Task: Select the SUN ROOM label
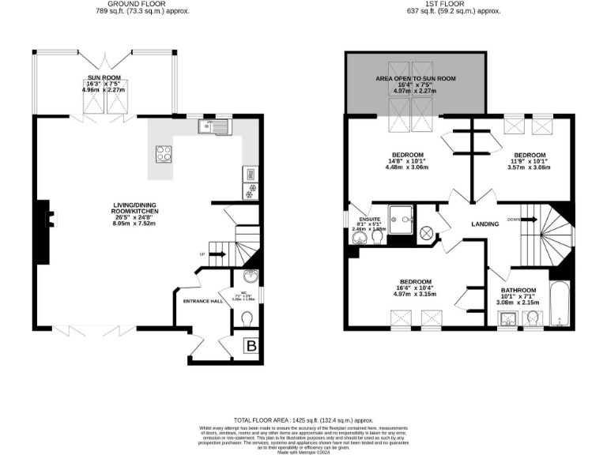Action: pos(104,77)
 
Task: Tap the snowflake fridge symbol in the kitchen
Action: pos(251,193)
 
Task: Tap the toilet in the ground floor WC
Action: pos(247,317)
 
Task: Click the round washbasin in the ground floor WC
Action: pos(251,276)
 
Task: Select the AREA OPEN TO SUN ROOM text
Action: pos(415,79)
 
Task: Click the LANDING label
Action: pos(484,224)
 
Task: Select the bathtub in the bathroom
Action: pos(560,304)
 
